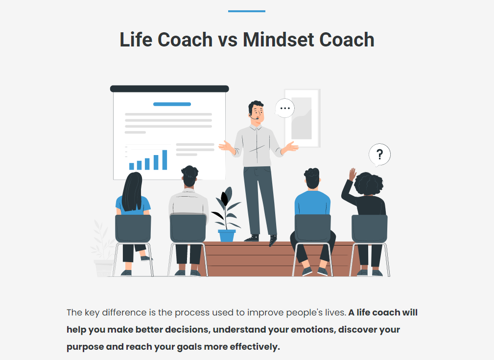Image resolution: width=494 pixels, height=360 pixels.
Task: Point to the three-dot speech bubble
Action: (x=285, y=108)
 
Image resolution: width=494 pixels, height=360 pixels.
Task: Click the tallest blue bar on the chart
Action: (x=165, y=160)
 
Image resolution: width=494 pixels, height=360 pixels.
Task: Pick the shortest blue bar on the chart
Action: (x=132, y=166)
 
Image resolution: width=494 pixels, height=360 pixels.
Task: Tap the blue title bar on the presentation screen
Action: (x=172, y=104)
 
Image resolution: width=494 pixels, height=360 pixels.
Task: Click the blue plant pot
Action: (x=227, y=236)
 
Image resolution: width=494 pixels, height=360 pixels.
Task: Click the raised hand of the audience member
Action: (x=352, y=174)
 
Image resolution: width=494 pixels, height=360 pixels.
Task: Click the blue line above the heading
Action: (x=247, y=11)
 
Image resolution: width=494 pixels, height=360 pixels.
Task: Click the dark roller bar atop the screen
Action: (x=169, y=89)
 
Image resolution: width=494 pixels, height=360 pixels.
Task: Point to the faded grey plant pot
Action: (x=103, y=268)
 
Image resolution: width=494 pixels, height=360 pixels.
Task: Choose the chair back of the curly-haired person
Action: (x=369, y=229)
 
